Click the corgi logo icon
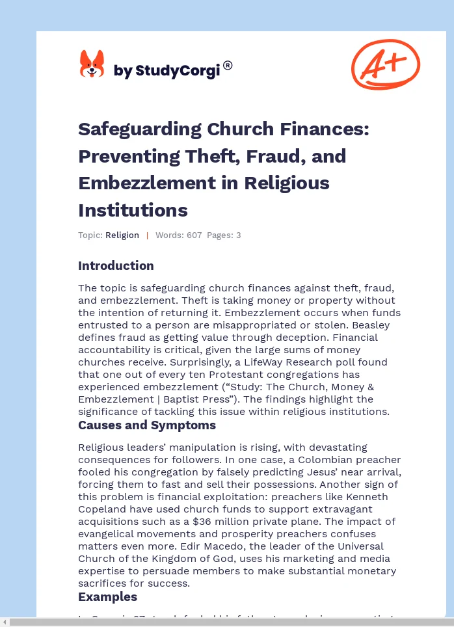click(92, 64)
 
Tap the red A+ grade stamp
click(385, 64)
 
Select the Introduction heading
click(116, 265)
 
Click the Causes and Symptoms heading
click(147, 425)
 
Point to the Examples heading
click(107, 596)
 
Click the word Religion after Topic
click(122, 235)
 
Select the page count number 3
click(238, 235)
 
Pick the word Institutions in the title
click(133, 210)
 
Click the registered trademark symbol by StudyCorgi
click(228, 65)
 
